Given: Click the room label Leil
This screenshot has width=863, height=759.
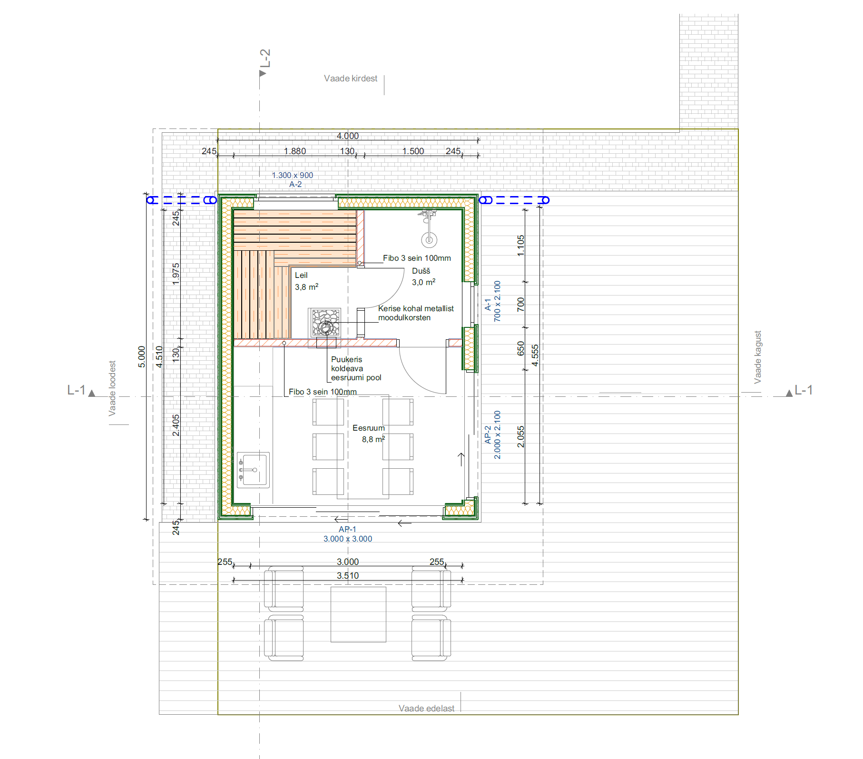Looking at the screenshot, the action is point(301,275).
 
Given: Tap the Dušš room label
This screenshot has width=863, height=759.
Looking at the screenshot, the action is point(421,271).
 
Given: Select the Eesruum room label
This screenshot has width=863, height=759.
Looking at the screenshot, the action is point(369,428).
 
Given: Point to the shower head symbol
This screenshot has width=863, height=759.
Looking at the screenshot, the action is point(429,239).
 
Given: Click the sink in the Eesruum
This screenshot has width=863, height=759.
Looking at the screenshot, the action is point(253,470).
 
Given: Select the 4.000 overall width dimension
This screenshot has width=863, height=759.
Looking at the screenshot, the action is point(348,136).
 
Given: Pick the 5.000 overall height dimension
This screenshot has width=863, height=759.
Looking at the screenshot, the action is point(141,357).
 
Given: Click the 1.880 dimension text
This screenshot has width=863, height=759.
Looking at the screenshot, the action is point(295,151).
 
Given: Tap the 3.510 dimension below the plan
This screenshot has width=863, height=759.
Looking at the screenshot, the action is point(348,576).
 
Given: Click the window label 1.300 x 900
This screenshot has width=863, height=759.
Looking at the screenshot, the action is point(293,175).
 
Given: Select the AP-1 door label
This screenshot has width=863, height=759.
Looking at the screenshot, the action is point(347,529).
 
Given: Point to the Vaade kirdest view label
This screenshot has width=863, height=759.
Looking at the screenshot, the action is point(351,79).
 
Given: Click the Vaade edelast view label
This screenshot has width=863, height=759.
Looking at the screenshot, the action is point(426,709).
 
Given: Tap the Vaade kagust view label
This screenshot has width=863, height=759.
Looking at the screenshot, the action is point(757,357).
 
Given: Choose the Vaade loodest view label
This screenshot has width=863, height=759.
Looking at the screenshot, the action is point(112,388).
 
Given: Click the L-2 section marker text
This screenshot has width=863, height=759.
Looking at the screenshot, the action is point(265,58).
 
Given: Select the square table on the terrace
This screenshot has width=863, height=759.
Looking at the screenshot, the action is point(358,614).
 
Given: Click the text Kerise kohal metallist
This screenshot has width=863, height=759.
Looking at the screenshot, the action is point(416,308).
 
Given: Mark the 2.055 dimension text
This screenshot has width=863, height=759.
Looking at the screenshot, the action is point(521,436).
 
